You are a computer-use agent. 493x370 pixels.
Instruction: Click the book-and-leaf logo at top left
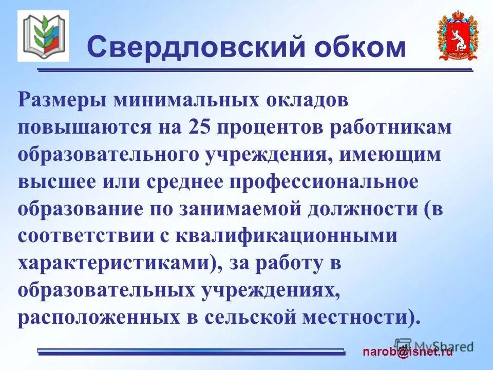(x=43, y=35)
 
